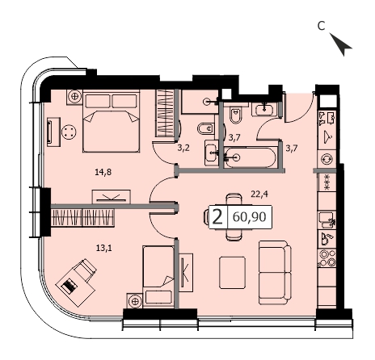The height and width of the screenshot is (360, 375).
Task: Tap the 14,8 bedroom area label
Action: pos(103,172)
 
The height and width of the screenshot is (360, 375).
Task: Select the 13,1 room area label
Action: pos(103,248)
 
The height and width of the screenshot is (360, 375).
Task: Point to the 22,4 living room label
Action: pos(259,194)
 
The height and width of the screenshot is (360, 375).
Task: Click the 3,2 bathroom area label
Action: pos(183,148)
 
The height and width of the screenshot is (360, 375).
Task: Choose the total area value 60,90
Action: pos(249,216)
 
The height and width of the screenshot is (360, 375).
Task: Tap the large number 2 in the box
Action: pos(217,217)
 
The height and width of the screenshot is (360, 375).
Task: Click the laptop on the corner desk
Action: pos(69,286)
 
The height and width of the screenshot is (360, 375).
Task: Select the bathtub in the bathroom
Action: pos(250,157)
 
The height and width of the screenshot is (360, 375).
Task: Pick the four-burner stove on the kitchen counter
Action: pos(327,258)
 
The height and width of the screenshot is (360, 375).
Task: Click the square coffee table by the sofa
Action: pos(232,273)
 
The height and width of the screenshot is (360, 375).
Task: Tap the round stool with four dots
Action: pos(69,132)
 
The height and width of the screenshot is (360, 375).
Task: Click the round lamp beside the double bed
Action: pos(74,96)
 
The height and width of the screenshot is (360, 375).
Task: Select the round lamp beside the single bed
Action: pos(135,301)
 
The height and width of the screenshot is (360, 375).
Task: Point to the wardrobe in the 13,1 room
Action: pos(82,218)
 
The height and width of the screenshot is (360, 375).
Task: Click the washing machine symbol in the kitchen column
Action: pos(327,159)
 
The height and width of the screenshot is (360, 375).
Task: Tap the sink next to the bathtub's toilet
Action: pos(265,109)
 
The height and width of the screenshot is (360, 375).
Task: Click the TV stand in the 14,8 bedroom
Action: pos(112,196)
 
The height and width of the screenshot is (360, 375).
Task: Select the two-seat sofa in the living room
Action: pos(275,273)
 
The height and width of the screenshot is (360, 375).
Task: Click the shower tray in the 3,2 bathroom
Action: pos(200,102)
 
